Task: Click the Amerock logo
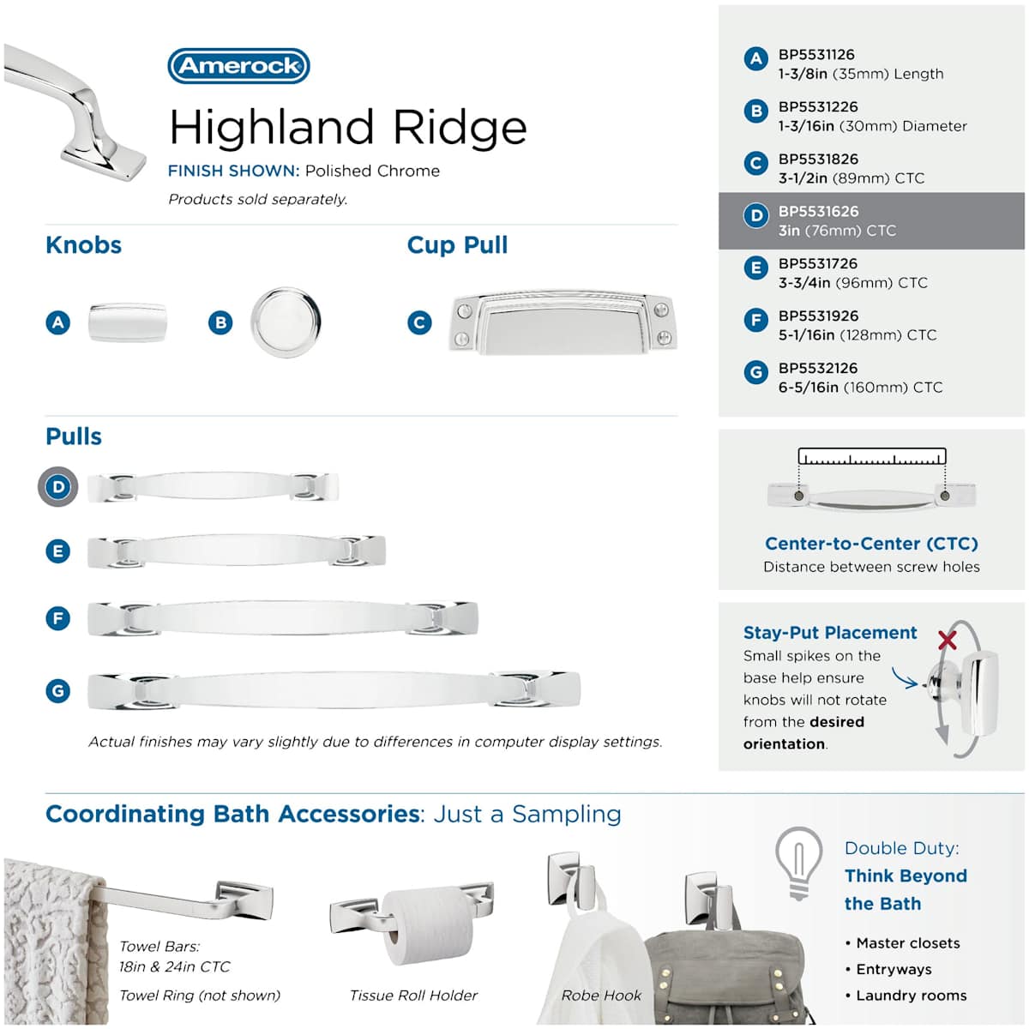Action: click(x=238, y=66)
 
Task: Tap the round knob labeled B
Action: click(x=286, y=322)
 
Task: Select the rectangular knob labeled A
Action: click(x=128, y=322)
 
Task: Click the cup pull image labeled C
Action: click(x=563, y=323)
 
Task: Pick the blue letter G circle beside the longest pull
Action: click(x=57, y=691)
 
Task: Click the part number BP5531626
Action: click(x=818, y=212)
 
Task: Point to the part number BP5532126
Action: click(x=818, y=368)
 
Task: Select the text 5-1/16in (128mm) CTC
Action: click(x=857, y=334)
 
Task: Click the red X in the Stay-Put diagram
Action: click(x=948, y=639)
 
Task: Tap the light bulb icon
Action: click(x=798, y=863)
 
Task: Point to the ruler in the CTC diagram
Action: click(x=871, y=456)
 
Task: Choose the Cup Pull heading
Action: click(x=457, y=245)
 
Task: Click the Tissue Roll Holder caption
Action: click(x=413, y=996)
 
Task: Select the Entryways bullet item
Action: click(x=894, y=969)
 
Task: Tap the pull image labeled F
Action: click(x=282, y=618)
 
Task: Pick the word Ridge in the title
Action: click(x=460, y=128)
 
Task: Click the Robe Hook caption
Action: click(x=601, y=996)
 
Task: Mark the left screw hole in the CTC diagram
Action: click(x=799, y=496)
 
